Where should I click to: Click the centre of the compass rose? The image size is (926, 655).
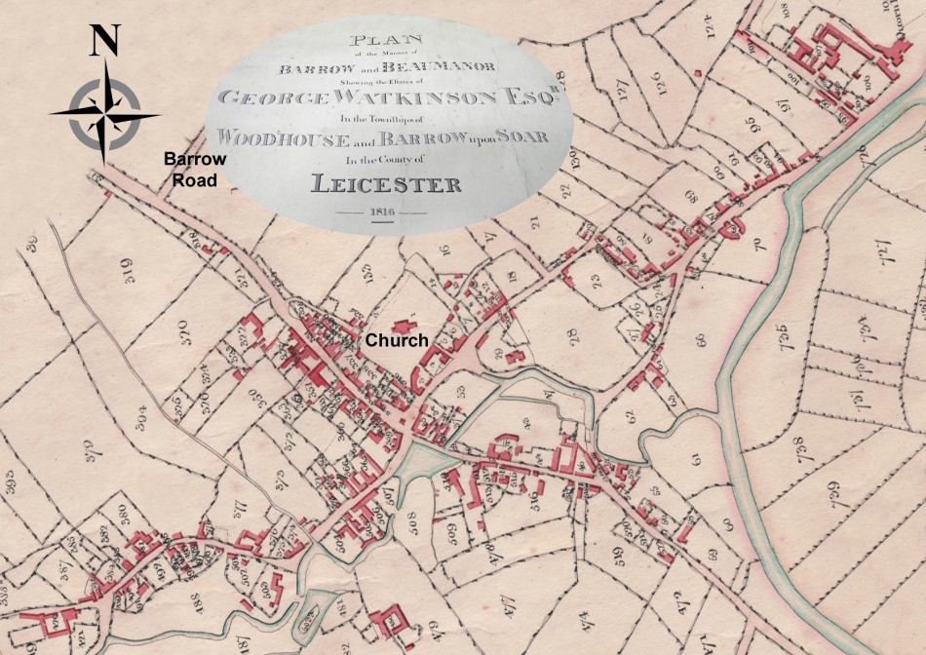[104, 113]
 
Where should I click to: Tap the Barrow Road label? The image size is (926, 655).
[194, 169]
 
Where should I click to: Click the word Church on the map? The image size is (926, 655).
[396, 340]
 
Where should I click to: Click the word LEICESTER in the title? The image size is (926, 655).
[385, 182]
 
